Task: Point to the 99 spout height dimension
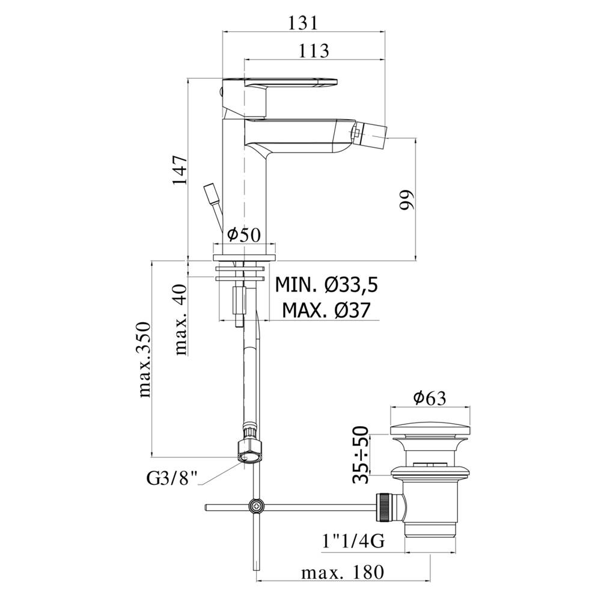408,201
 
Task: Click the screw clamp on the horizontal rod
257,507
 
